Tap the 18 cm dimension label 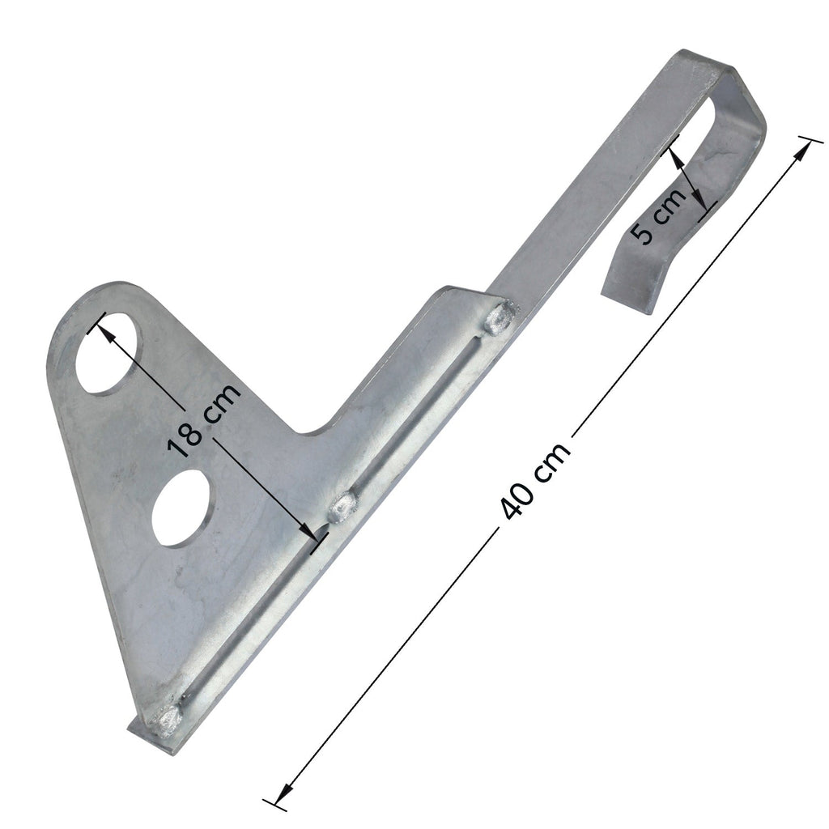pyautogui.click(x=203, y=419)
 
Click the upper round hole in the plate pyautogui.click(x=110, y=353)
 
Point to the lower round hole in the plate pyautogui.click(x=182, y=508)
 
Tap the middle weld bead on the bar pyautogui.click(x=342, y=507)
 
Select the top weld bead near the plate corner pyautogui.click(x=499, y=318)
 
